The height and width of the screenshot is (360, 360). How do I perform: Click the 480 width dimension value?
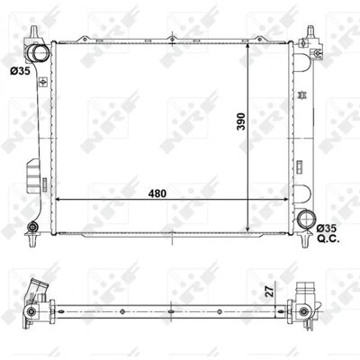(157, 193)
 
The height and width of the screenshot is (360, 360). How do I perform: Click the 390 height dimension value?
(241, 121)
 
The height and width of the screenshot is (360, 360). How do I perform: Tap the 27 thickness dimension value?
(270, 291)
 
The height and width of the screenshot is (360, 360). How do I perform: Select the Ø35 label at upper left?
(20, 71)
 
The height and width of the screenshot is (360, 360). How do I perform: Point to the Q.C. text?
(328, 239)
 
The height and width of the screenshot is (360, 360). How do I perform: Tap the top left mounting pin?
(34, 31)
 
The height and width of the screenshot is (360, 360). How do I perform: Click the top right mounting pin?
(310, 31)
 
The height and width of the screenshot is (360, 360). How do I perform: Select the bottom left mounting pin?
(31, 239)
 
